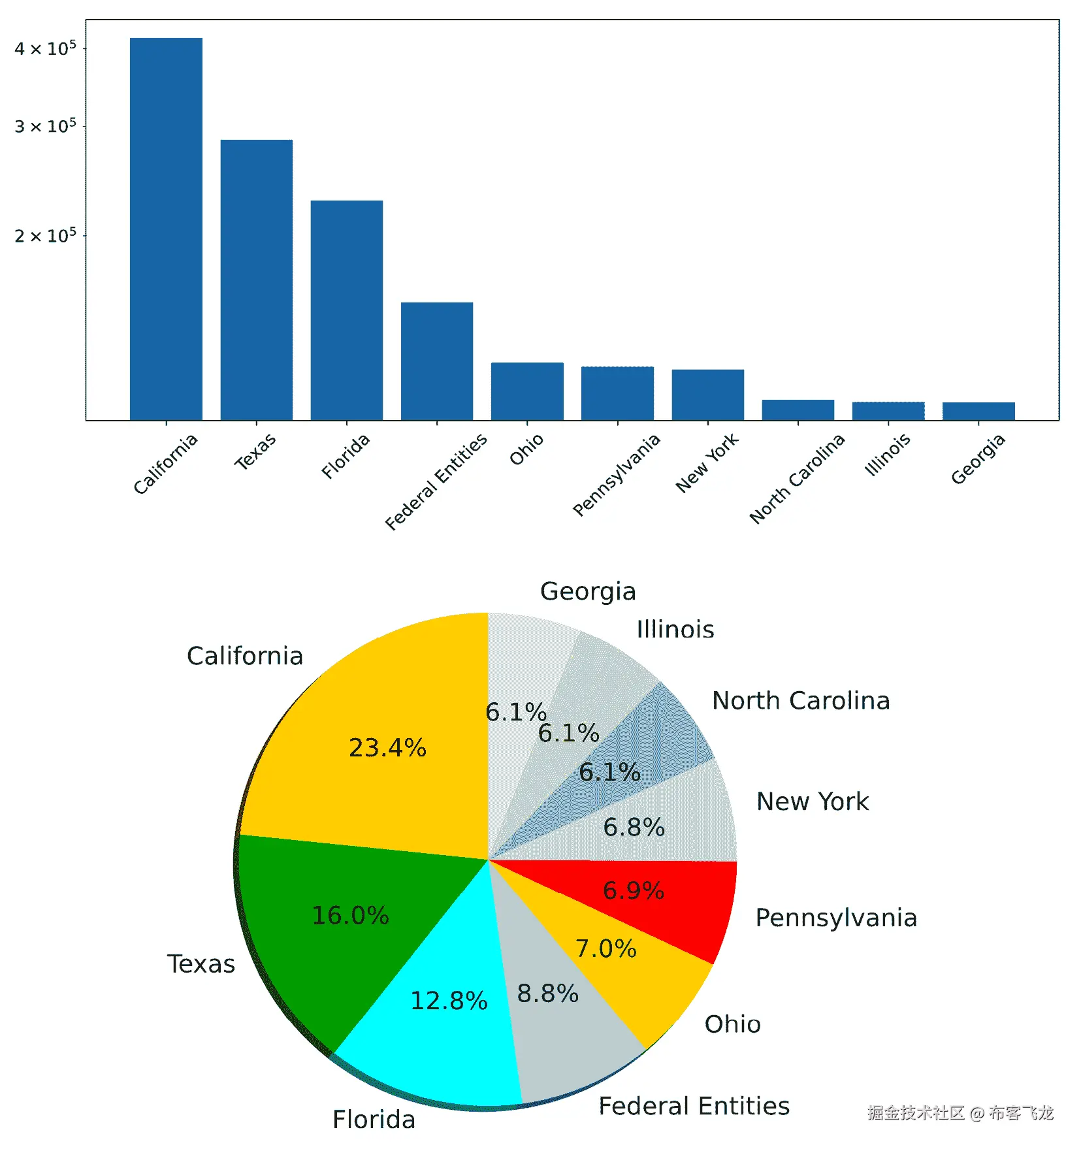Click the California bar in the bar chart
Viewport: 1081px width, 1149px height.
coord(166,229)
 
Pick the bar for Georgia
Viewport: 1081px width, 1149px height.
coord(978,411)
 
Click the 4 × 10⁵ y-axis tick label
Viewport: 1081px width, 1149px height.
coord(45,49)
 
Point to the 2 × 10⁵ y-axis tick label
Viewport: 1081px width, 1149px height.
coord(45,236)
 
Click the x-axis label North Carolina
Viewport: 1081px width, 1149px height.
coord(797,478)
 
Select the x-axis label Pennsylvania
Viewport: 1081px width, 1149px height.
coord(616,474)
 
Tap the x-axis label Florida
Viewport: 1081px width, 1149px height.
coord(346,456)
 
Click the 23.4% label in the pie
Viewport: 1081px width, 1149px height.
coord(387,748)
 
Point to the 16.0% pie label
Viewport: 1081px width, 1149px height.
coord(350,916)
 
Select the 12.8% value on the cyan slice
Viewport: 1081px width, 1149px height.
coord(449,1001)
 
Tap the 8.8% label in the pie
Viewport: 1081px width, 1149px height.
coord(547,994)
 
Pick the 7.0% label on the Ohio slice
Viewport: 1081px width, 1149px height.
coord(605,948)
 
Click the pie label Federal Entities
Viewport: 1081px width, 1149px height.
coord(694,1106)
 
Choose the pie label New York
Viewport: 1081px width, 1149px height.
coord(812,801)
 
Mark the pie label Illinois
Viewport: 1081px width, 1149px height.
coord(675,630)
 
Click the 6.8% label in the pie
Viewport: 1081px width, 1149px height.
coord(634,828)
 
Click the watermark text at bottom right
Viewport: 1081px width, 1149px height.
coord(960,1113)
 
